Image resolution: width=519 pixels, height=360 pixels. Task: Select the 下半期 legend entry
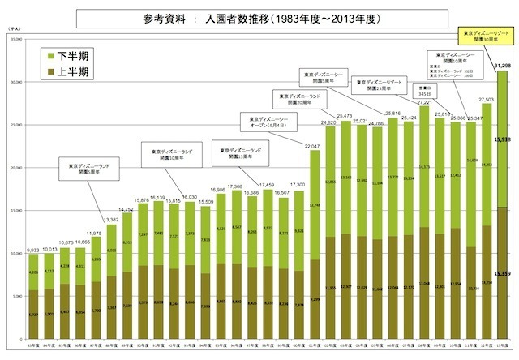tap(68, 56)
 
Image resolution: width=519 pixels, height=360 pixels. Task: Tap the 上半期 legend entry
tap(68, 73)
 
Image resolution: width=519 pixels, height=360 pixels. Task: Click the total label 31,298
tap(501, 66)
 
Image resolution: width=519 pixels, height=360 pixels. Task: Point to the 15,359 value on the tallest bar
tap(500, 273)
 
